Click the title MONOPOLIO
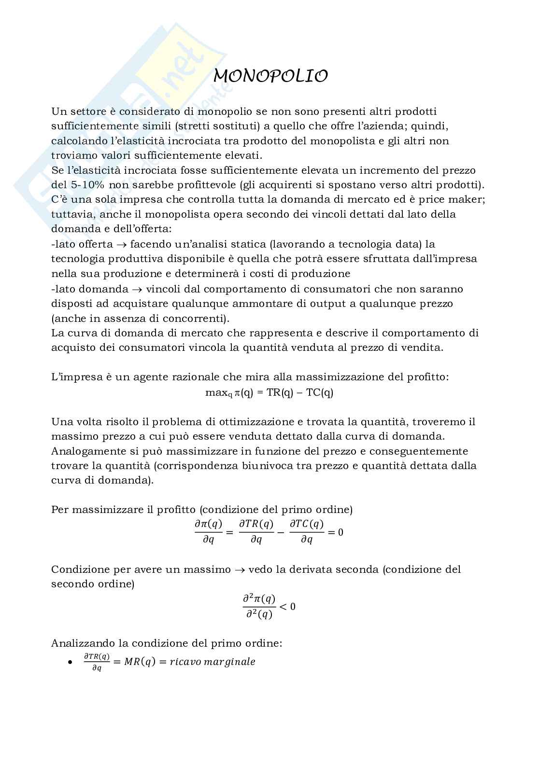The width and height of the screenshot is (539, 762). [270, 76]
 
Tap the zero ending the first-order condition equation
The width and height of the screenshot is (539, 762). [340, 532]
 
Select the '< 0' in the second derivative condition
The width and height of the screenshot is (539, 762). [287, 606]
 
